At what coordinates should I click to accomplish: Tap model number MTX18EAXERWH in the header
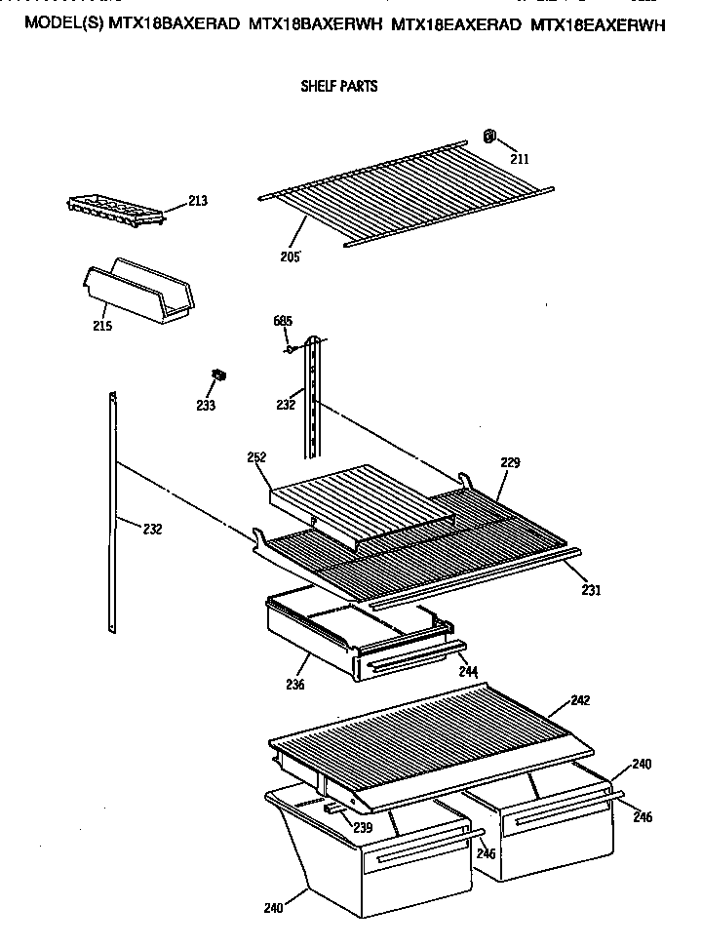600,26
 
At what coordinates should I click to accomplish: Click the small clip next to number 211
490,135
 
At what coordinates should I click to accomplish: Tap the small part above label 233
219,375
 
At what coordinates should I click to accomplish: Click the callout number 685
282,321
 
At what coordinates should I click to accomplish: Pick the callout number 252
256,456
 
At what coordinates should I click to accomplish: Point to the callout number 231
591,589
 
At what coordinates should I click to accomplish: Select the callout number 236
295,684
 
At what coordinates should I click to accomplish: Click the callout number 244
468,671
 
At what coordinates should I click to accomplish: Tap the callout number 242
580,700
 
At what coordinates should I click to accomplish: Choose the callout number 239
362,828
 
